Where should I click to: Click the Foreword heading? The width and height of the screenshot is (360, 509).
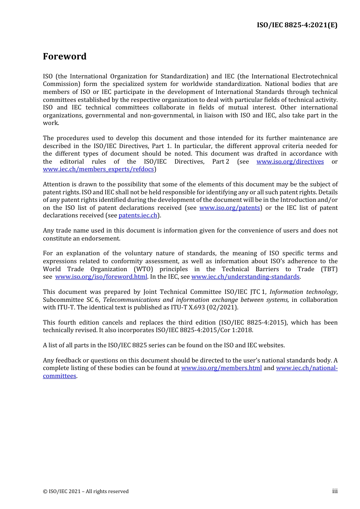coord(64,56)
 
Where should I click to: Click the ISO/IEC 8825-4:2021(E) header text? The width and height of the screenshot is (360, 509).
coord(297,25)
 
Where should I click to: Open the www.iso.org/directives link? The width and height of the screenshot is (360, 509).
coord(290,162)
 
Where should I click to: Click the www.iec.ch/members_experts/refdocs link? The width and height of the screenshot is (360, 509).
coord(98,169)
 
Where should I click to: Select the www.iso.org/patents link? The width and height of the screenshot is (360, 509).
coord(230,208)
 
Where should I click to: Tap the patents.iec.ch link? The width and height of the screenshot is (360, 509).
coord(138,215)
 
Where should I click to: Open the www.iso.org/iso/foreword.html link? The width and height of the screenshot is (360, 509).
coord(101,277)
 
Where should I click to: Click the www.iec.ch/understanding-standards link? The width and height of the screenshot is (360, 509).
coord(245,277)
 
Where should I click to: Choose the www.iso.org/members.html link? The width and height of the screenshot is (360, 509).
coord(221,368)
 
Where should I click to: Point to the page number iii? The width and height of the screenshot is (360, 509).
coord(335,491)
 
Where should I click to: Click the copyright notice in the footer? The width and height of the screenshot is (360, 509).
coord(86,492)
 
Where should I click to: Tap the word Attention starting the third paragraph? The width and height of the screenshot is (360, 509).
coord(56,184)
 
